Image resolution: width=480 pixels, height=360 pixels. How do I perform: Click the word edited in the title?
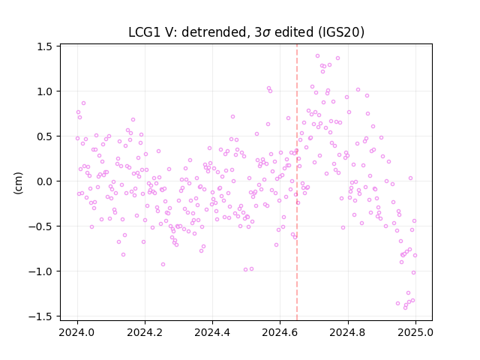(294, 32)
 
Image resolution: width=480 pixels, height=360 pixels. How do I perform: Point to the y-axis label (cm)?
(18, 183)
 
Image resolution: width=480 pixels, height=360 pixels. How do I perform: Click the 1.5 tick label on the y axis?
(44, 46)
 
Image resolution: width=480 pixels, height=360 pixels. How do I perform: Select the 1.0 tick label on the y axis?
(44, 91)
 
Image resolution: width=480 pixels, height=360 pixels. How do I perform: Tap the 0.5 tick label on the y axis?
(44, 136)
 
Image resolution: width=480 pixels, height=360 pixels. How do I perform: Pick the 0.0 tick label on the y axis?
(44, 181)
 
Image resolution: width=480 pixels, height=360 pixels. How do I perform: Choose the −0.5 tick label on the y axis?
(40, 226)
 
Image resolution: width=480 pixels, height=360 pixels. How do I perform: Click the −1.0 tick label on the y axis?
(40, 271)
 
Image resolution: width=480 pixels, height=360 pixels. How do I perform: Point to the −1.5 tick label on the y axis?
(40, 316)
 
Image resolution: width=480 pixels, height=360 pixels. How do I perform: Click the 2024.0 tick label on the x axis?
(76, 332)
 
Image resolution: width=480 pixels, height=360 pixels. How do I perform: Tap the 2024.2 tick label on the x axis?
(145, 332)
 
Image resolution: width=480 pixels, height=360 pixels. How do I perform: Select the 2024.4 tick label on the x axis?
(212, 332)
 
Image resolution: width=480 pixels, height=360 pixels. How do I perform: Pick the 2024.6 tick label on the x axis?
(280, 332)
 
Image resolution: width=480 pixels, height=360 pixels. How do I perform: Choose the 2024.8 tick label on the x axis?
(347, 332)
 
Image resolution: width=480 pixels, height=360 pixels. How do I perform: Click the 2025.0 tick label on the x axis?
(415, 332)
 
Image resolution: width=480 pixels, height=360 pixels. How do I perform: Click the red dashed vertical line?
(297, 182)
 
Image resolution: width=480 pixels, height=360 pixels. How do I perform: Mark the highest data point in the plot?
(317, 56)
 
